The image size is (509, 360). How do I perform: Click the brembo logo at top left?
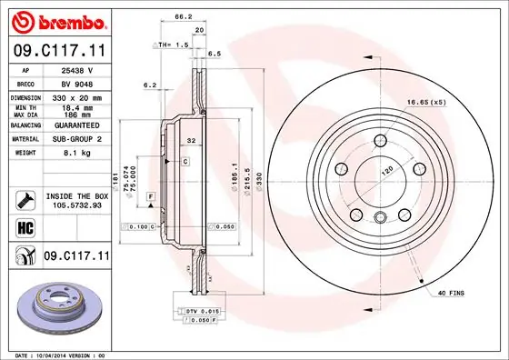tap(56, 20)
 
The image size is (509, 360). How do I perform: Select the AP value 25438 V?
tap(74, 69)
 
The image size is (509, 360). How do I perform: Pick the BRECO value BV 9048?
tap(74, 83)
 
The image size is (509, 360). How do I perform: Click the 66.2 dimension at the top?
tap(183, 17)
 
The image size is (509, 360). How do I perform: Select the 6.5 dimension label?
tap(215, 55)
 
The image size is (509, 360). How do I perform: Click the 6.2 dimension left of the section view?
tap(151, 85)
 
